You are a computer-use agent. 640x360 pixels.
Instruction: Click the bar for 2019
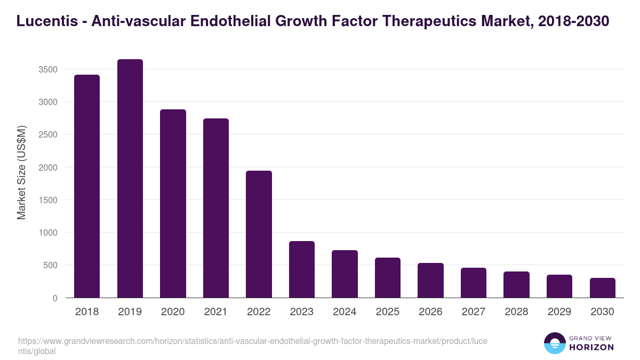(130, 178)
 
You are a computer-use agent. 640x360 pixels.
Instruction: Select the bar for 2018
(87, 186)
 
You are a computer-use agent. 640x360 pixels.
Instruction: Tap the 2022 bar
(259, 234)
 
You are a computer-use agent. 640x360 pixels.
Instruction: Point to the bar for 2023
(302, 269)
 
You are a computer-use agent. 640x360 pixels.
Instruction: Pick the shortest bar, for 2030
(602, 288)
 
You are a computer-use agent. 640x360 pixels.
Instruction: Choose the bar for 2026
(430, 281)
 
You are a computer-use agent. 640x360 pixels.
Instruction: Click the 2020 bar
(173, 203)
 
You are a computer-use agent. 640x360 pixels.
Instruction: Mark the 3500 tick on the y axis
(48, 69)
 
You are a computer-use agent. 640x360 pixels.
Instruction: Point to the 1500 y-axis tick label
(48, 200)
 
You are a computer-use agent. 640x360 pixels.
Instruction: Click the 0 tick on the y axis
(55, 298)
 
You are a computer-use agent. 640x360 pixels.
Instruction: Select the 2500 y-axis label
(48, 134)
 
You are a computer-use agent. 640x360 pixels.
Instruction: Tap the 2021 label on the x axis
(216, 312)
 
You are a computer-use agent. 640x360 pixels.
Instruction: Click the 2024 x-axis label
(345, 312)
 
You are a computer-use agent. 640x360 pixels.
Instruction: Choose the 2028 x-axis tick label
(516, 312)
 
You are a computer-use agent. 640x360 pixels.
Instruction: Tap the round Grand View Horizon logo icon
(554, 343)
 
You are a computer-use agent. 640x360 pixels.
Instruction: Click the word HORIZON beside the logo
(591, 347)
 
